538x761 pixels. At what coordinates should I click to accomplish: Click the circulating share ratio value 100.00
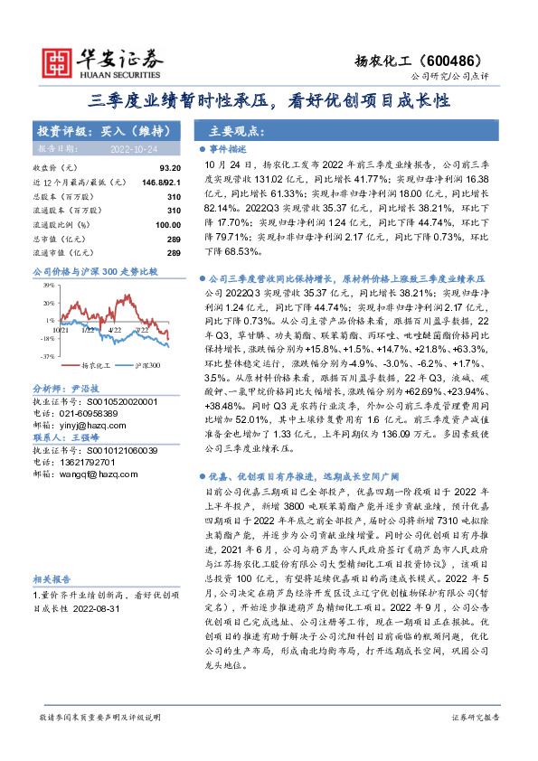point(167,224)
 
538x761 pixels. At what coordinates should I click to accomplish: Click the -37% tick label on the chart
point(44,356)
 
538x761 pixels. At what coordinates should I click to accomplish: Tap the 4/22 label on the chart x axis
point(115,330)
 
